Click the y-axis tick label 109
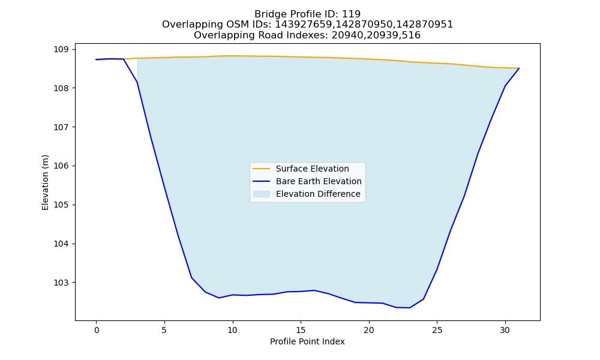click(61, 49)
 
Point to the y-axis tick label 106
click(61, 166)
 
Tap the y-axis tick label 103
click(61, 283)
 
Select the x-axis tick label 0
click(97, 331)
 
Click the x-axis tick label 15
click(301, 331)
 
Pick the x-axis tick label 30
click(505, 331)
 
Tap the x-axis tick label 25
click(437, 331)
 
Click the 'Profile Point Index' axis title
click(307, 341)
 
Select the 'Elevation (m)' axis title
click(46, 182)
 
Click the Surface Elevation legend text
click(312, 169)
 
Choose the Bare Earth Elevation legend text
click(319, 181)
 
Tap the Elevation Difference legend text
click(318, 194)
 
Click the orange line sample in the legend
click(262, 169)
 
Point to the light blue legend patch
click(262, 194)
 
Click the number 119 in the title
click(351, 14)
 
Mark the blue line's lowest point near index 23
click(410, 308)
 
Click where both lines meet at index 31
click(519, 68)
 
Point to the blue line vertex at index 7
click(192, 278)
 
